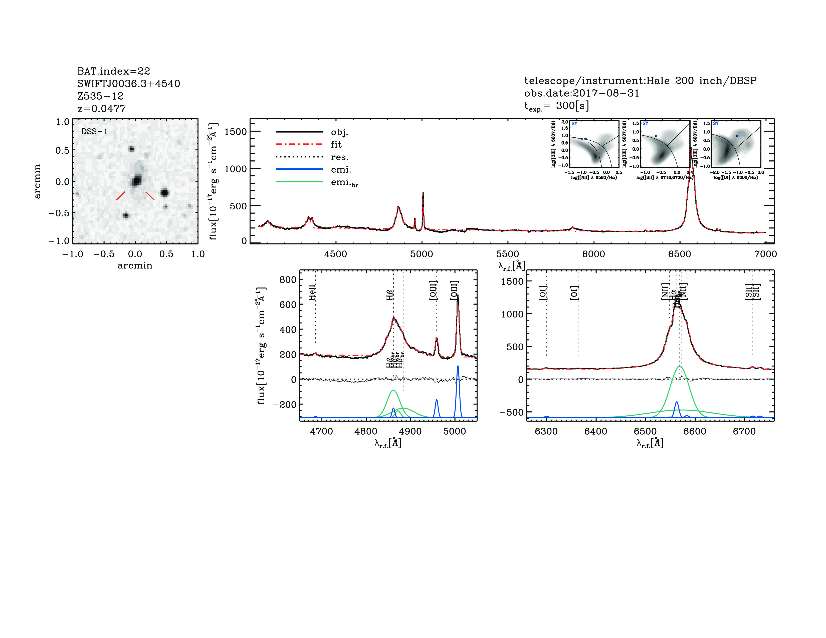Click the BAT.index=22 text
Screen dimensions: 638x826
click(113, 71)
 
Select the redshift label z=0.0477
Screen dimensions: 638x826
click(101, 109)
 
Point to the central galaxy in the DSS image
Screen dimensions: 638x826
click(136, 181)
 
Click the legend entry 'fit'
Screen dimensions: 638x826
click(336, 144)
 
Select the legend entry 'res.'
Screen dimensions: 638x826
click(339, 157)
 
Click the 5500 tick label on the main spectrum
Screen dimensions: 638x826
click(508, 254)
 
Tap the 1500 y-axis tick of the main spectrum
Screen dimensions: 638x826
click(235, 132)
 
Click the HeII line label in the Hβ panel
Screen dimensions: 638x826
click(312, 292)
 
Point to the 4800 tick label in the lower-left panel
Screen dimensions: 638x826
click(366, 432)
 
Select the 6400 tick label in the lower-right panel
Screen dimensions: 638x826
click(596, 432)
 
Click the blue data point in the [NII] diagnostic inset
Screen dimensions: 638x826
click(585, 139)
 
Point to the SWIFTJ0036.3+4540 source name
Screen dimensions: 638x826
click(129, 84)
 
